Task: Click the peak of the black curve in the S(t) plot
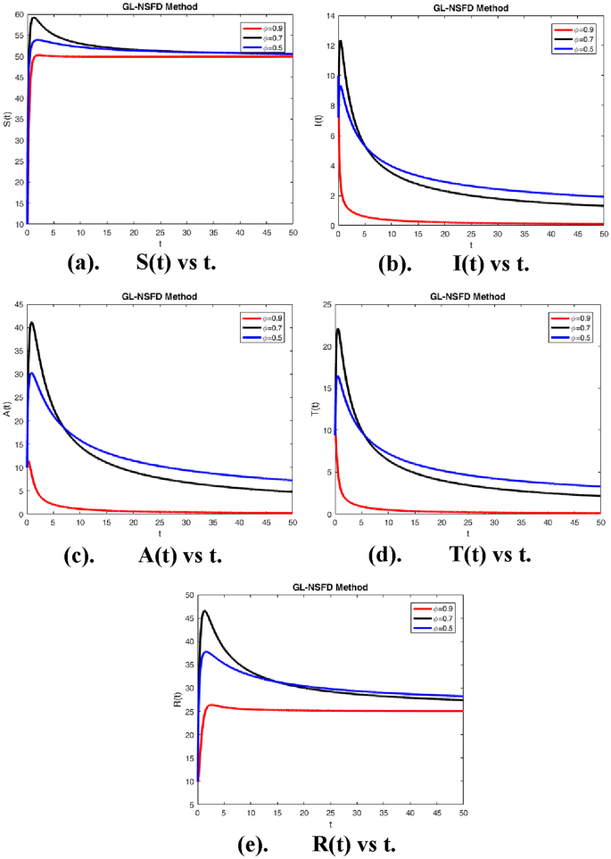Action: click(34, 18)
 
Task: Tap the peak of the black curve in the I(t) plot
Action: click(340, 41)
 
